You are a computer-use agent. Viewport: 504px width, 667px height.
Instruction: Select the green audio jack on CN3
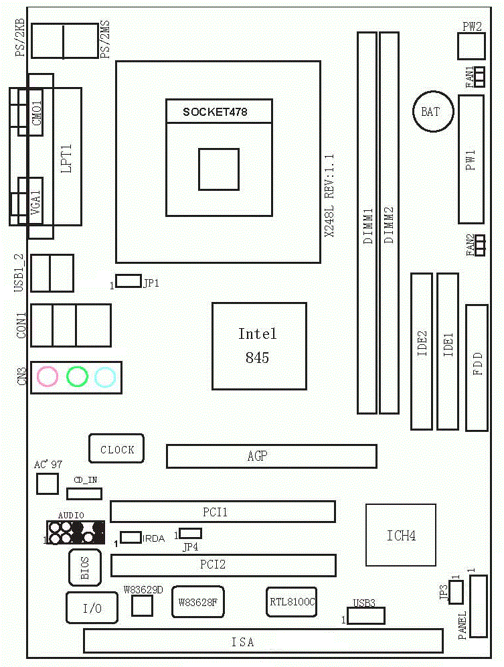point(77,377)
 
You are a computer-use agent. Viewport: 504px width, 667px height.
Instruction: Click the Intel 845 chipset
point(259,346)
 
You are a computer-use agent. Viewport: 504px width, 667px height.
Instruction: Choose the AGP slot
point(271,456)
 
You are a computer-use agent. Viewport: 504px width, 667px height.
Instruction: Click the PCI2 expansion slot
point(223,565)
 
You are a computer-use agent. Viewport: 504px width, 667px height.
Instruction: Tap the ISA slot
point(262,642)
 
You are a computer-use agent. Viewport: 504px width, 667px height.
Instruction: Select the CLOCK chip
point(116,449)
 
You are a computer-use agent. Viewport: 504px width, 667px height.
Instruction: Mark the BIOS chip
point(85,567)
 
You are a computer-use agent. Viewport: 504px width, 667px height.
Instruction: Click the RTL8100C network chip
point(291,601)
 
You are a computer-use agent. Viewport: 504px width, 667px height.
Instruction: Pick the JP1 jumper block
point(128,281)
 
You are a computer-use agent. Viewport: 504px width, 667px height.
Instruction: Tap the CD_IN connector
point(84,494)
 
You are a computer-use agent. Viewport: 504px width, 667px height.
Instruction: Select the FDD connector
point(477,368)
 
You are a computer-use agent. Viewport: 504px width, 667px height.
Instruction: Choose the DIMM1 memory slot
point(367,222)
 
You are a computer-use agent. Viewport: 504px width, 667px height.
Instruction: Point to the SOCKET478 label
point(216,112)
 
